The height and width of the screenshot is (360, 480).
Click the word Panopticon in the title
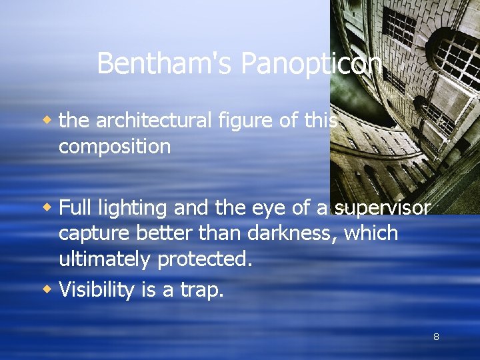click(x=311, y=64)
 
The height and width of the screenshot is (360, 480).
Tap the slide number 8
click(x=436, y=337)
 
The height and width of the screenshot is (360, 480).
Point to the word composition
click(x=115, y=147)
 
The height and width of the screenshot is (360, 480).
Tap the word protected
click(x=205, y=259)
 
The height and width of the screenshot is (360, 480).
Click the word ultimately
click(x=105, y=259)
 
